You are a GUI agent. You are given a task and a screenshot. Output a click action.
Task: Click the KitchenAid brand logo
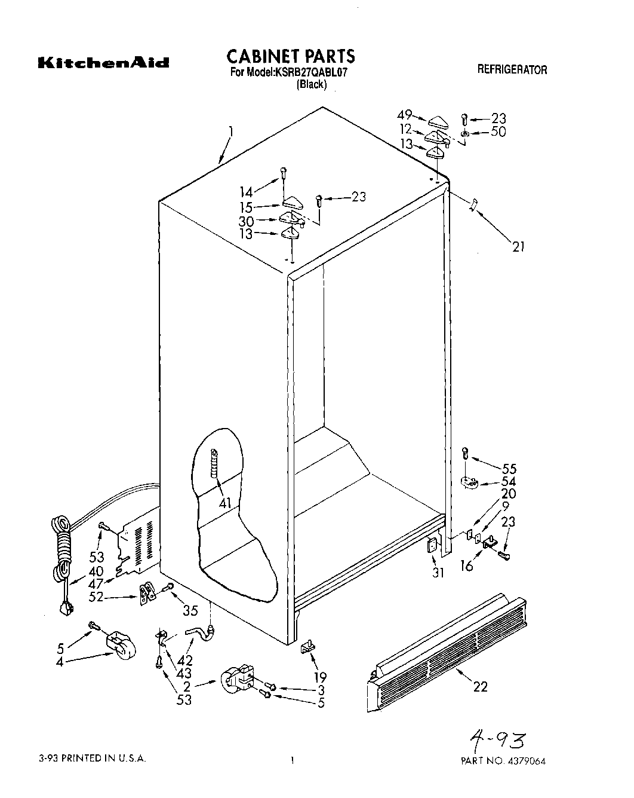point(103,63)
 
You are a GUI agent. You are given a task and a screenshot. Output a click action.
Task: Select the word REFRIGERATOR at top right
point(512,70)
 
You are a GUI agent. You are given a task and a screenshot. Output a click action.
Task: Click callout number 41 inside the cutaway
point(224,503)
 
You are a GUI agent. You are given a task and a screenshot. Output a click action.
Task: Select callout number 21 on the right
point(518,245)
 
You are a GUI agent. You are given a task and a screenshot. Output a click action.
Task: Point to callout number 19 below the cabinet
point(320,677)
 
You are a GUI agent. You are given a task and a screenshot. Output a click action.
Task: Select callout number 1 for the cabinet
point(230,132)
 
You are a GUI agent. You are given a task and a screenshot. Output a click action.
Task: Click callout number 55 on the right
point(509,469)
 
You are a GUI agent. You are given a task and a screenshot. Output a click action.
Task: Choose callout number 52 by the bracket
point(96,596)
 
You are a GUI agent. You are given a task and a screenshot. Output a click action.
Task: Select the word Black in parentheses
point(312,84)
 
